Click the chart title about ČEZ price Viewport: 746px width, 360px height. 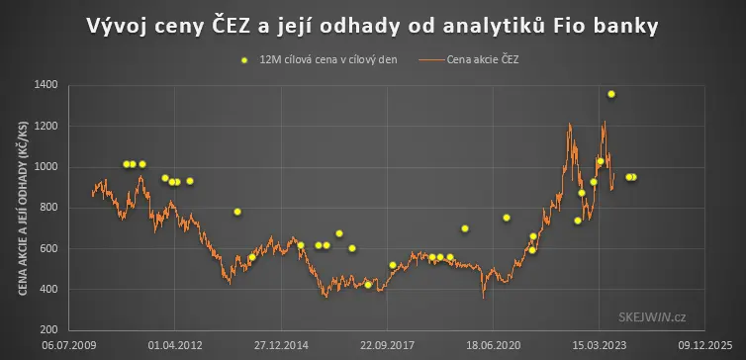click(x=373, y=27)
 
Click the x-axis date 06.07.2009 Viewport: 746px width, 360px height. click(x=69, y=345)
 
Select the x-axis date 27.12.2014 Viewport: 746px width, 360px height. click(x=281, y=345)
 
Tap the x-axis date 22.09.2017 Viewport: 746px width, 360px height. click(x=387, y=345)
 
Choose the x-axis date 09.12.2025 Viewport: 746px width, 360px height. click(x=705, y=345)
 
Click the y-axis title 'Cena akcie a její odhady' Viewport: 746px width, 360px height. click(x=24, y=208)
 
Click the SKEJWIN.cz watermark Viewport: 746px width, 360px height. click(x=652, y=317)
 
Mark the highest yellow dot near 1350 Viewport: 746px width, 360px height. click(x=611, y=94)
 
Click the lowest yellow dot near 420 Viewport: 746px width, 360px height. click(x=368, y=285)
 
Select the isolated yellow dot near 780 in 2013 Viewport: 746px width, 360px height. click(x=237, y=212)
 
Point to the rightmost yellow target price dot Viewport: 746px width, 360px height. click(x=633, y=177)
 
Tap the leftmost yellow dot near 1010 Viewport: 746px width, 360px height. click(x=126, y=164)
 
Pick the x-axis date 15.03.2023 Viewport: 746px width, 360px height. click(x=599, y=345)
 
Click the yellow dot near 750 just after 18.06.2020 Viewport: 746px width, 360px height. click(x=507, y=218)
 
